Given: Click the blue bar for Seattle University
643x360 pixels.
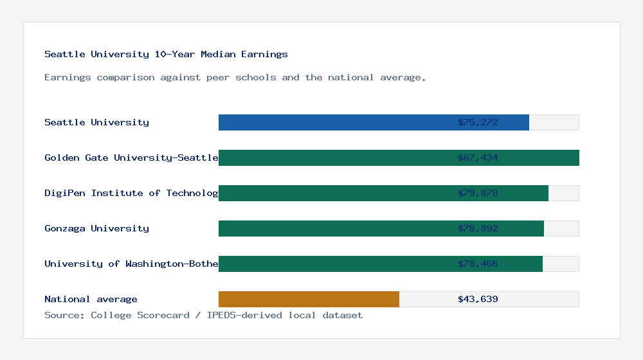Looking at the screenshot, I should (373, 122).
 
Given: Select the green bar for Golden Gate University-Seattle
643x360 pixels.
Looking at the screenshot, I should (399, 157).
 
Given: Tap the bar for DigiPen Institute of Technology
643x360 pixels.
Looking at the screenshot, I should (383, 193).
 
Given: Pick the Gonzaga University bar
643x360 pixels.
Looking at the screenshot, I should (381, 228).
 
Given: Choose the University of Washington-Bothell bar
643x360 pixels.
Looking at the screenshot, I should (380, 264).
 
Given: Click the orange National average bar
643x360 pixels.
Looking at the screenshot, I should (309, 299).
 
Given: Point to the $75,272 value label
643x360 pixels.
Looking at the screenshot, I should (478, 122).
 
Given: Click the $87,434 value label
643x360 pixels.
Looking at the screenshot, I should (478, 157).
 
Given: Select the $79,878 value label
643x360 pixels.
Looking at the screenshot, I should (478, 193).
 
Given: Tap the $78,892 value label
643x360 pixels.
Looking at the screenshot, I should (478, 228).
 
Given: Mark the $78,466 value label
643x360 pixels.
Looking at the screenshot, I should (478, 264).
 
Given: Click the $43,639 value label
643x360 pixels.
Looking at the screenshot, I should (478, 299).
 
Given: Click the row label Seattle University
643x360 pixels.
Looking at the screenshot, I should (96, 122).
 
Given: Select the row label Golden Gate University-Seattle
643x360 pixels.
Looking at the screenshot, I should (131, 157).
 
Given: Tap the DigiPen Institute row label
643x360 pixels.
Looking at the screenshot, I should (131, 193).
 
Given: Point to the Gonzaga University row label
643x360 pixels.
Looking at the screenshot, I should (96, 228).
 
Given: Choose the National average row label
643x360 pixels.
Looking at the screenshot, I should (91, 299).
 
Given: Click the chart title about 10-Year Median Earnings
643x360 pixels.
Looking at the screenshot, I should (166, 54).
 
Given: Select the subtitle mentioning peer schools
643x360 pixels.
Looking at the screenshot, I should (235, 77).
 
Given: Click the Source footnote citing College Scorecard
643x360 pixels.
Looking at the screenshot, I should (203, 315).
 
